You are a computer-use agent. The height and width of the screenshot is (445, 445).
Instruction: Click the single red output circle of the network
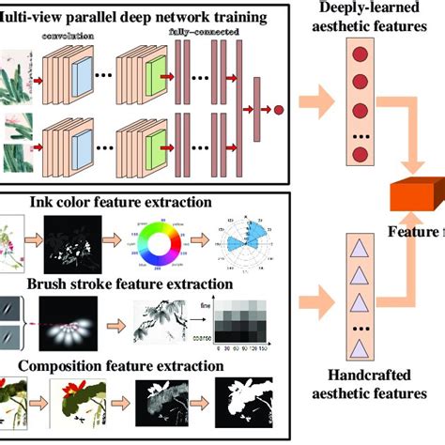tap(277, 111)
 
